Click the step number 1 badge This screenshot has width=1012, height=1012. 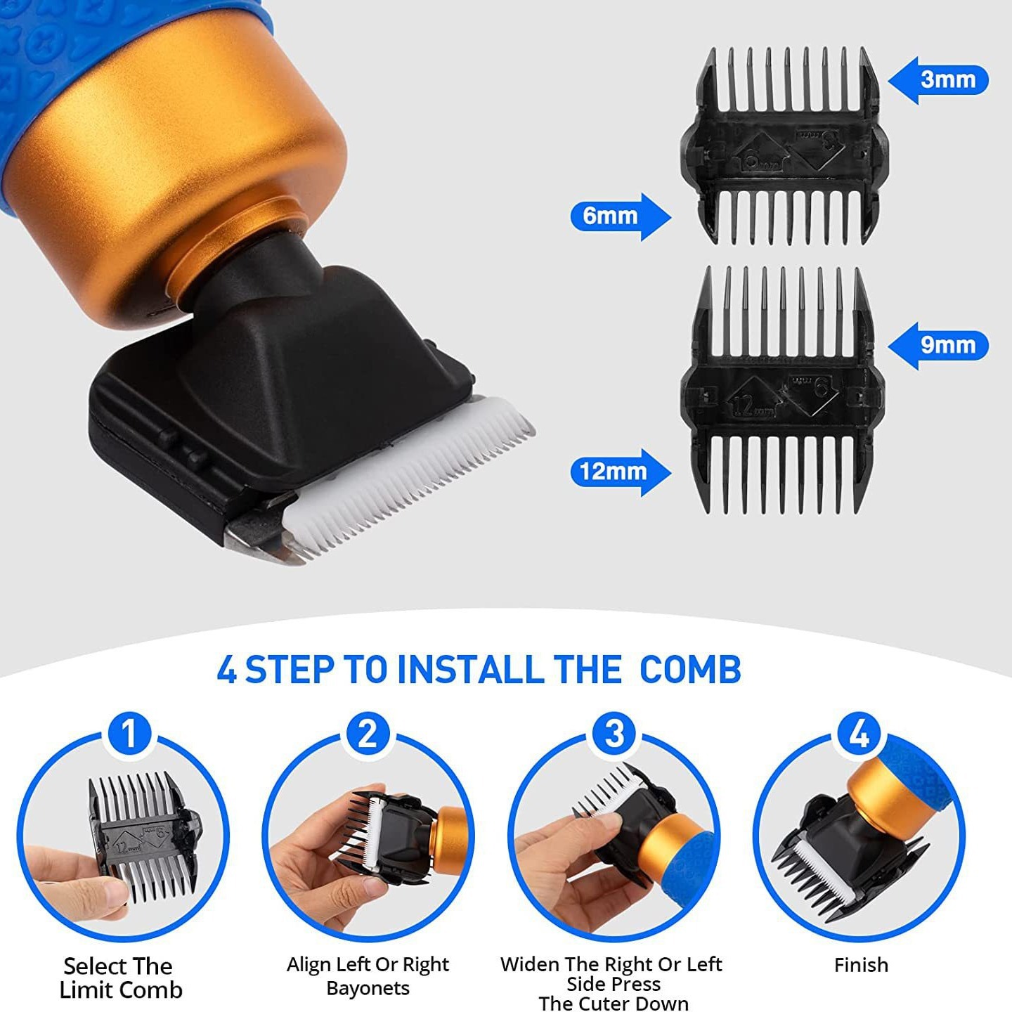click(x=129, y=734)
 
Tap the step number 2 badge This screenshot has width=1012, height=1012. click(x=368, y=734)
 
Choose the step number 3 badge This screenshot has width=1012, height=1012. click(x=614, y=734)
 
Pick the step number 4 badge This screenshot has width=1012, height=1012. click(x=859, y=734)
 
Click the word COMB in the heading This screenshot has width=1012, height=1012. click(x=690, y=670)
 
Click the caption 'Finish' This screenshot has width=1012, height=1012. click(x=861, y=965)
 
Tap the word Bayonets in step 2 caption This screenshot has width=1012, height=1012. click(x=368, y=988)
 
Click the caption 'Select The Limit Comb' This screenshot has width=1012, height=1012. click(x=119, y=978)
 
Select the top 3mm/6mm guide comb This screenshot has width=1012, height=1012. click(x=784, y=148)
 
